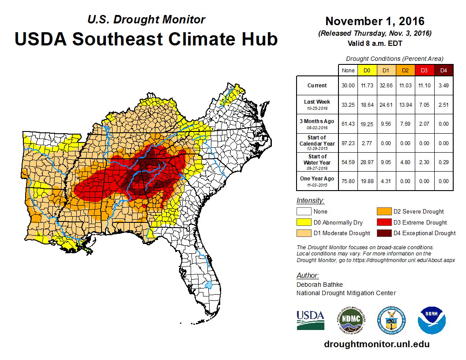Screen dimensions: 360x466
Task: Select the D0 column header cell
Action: pyautogui.click(x=366, y=71)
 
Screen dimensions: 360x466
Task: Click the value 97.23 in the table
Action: pyautogui.click(x=348, y=143)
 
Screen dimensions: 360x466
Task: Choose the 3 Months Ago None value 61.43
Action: pyautogui.click(x=348, y=124)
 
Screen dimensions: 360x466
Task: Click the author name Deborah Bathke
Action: pyautogui.click(x=319, y=285)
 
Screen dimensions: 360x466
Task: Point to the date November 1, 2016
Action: pyautogui.click(x=375, y=21)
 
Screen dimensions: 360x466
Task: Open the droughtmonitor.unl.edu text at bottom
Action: pyautogui.click(x=376, y=344)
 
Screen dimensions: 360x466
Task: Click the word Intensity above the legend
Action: pyautogui.click(x=310, y=201)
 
